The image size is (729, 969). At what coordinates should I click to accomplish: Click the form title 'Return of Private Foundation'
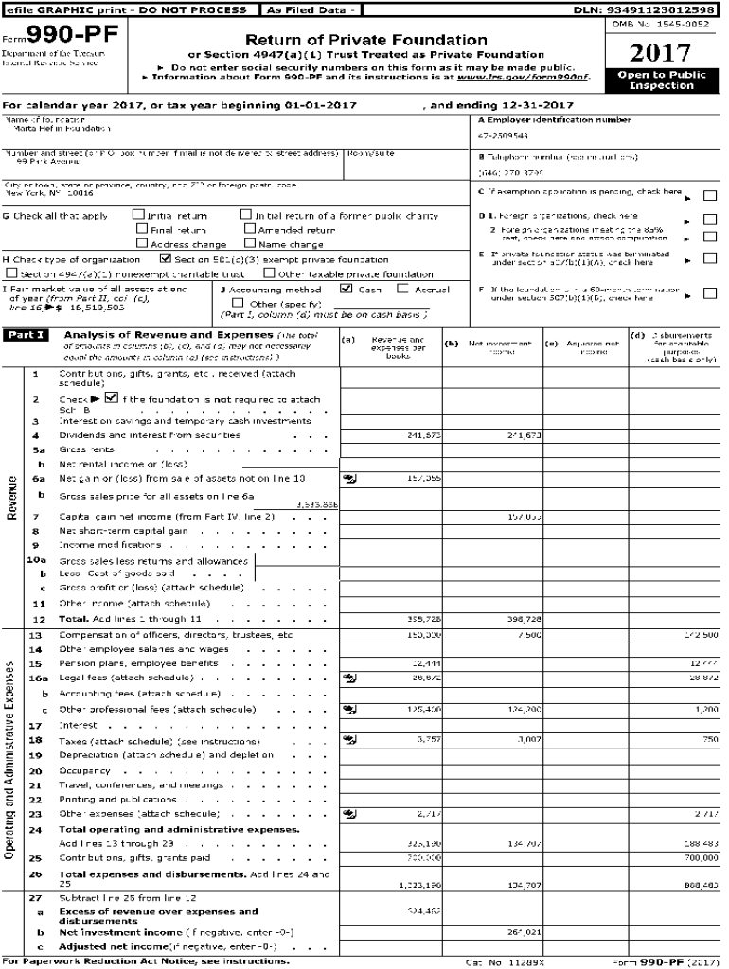pyautogui.click(x=366, y=41)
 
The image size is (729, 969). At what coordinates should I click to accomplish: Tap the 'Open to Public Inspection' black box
pyautogui.click(x=661, y=79)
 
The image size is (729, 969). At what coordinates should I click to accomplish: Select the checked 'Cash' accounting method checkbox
pyautogui.click(x=347, y=290)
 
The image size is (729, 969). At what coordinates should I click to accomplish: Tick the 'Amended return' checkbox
pyautogui.click(x=250, y=230)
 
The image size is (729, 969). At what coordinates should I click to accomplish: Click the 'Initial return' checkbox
pyautogui.click(x=138, y=216)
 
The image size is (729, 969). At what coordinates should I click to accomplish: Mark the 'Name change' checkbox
pyautogui.click(x=250, y=244)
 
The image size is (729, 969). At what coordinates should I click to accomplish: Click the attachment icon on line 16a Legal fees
pyautogui.click(x=349, y=678)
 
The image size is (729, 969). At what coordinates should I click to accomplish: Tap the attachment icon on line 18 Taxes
pyautogui.click(x=349, y=738)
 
